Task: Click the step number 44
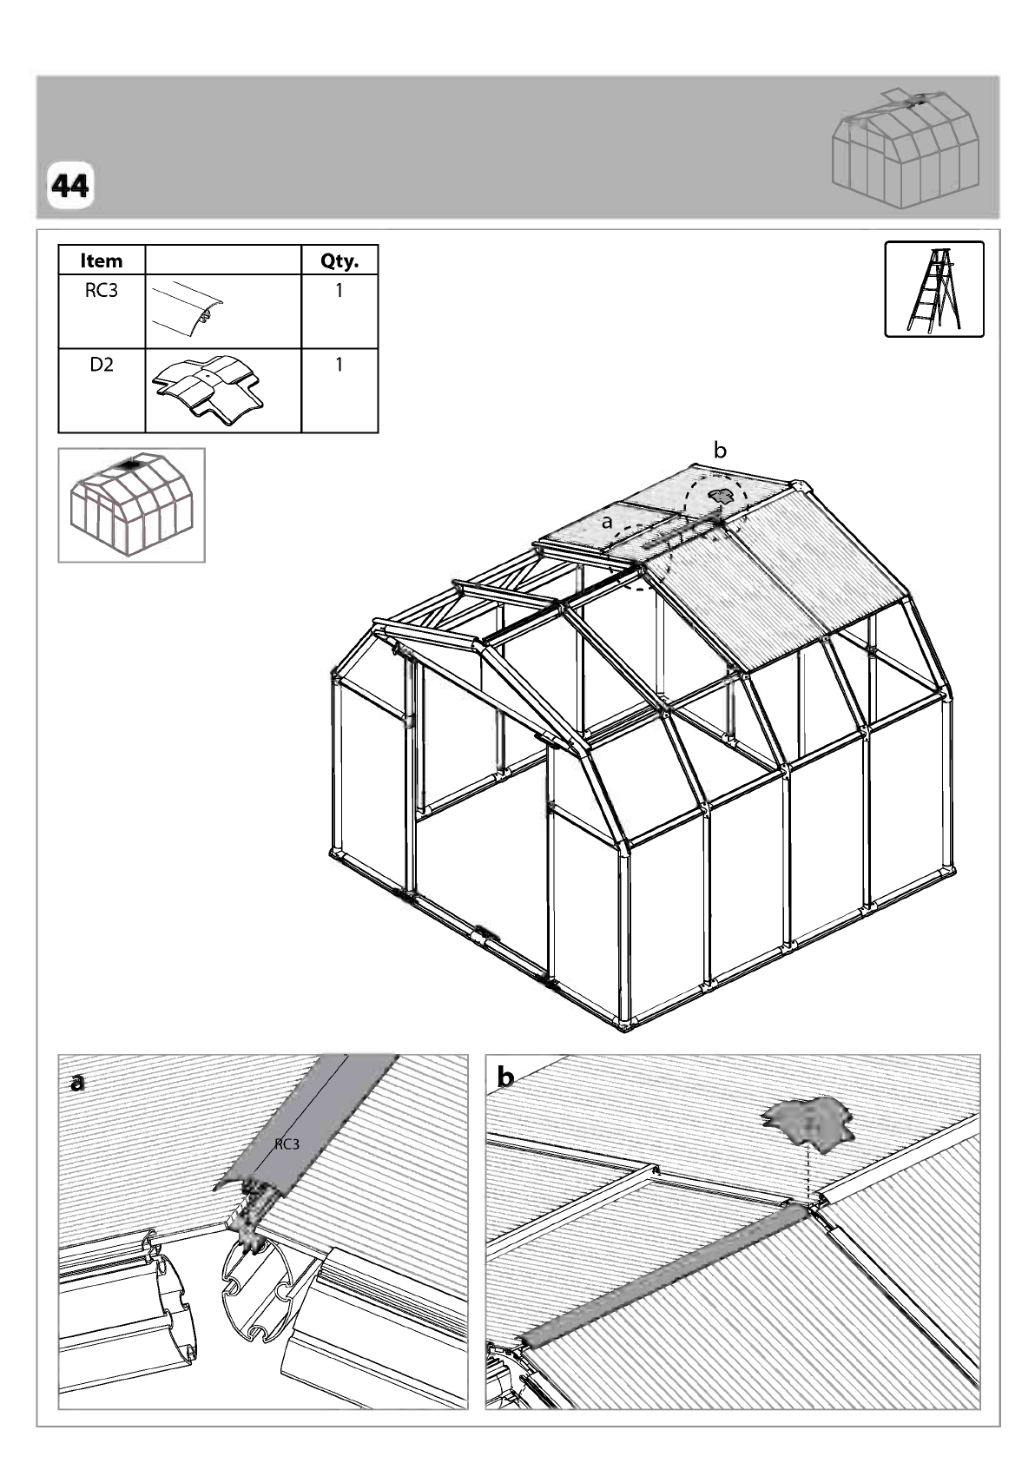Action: pos(69,187)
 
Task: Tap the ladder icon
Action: pos(933,288)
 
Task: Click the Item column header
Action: pos(102,260)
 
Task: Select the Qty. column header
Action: pos(340,260)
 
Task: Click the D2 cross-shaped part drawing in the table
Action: pos(208,387)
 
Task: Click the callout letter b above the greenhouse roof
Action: pos(720,450)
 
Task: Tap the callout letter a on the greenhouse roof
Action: pos(607,522)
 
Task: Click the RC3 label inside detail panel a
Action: pos(287,1143)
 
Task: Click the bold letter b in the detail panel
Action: pos(506,1077)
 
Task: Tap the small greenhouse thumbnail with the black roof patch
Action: pos(131,504)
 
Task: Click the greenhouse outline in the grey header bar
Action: pos(906,149)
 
